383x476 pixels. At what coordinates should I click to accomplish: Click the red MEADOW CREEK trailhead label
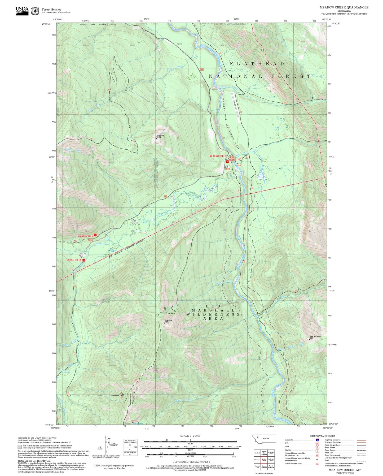click(218, 156)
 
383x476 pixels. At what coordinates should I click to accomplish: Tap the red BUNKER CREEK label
click(85, 236)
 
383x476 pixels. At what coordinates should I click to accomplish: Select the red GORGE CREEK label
click(74, 260)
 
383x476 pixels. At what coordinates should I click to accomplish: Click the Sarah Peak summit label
click(168, 321)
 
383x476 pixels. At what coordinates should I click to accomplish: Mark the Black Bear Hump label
click(315, 337)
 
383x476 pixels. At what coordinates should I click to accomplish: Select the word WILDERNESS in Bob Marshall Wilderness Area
click(213, 314)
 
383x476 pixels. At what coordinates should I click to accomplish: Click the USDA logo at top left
click(22, 11)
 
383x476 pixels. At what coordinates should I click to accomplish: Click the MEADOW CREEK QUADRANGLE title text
click(344, 7)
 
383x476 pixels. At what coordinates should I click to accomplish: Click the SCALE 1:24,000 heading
click(190, 436)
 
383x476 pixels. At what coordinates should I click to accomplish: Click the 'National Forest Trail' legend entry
click(293, 464)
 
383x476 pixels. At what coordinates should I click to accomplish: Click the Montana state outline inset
click(264, 439)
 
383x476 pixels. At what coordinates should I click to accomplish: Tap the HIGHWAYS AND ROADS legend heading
click(322, 436)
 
